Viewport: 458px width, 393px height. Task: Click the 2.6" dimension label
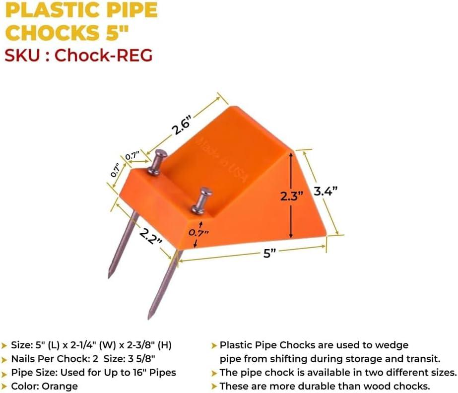pos(182,126)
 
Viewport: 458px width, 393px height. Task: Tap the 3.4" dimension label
pos(326,191)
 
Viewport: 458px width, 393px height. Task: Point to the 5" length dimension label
pos(269,254)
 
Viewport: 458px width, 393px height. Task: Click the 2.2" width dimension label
pos(151,237)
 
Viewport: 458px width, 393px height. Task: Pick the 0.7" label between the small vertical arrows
pos(198,233)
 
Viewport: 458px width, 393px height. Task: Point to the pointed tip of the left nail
pos(109,277)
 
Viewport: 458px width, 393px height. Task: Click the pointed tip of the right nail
pos(149,318)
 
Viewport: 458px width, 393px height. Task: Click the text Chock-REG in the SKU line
pos(103,55)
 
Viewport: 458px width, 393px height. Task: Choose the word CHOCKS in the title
pos(53,32)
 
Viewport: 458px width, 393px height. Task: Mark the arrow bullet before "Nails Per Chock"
pos(4,359)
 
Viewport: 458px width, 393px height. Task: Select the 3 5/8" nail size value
pos(141,359)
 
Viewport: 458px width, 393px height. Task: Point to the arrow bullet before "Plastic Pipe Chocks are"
pos(214,346)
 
